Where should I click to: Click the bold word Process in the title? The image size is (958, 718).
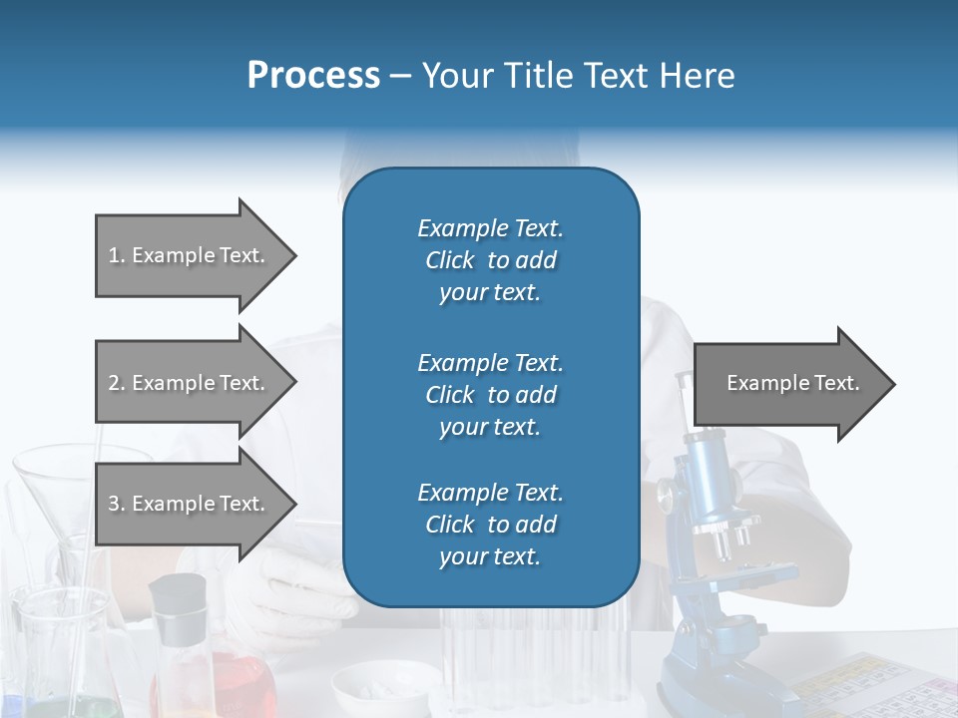coord(313,75)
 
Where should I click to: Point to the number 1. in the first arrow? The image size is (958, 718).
coord(117,255)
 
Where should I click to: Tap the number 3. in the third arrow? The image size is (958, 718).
coord(117,504)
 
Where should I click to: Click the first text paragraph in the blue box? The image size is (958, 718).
coord(490,260)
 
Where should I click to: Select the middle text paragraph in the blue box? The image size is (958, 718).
coord(490,395)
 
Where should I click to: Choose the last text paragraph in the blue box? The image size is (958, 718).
coord(490,525)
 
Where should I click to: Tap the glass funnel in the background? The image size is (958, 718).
coord(60,489)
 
